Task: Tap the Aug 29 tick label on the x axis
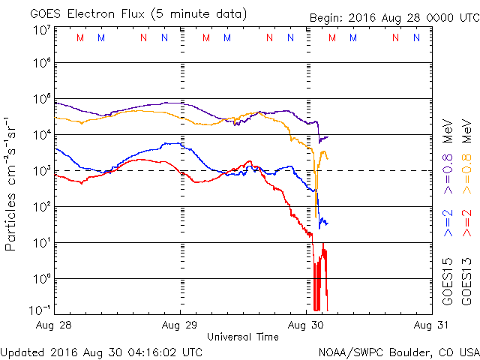click(x=180, y=325)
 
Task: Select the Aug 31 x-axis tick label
click(x=425, y=325)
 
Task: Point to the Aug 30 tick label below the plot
click(x=307, y=325)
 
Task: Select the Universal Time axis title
click(x=242, y=337)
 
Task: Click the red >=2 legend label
click(x=467, y=223)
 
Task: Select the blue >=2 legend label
click(x=448, y=223)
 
